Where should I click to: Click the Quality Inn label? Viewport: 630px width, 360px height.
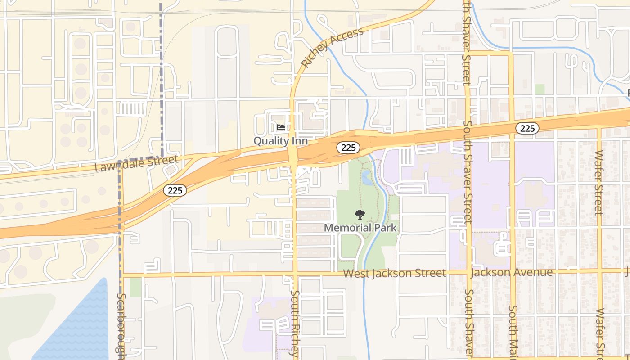(280, 141)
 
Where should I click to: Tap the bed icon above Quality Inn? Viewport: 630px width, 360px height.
(281, 128)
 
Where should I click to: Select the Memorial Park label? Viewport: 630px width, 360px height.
(360, 228)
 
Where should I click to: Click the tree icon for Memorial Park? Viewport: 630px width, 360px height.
(360, 214)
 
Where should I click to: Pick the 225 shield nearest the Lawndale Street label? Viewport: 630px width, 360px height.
(175, 190)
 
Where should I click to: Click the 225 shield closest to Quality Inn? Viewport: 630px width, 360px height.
(348, 147)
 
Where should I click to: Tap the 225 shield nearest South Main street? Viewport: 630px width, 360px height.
(527, 129)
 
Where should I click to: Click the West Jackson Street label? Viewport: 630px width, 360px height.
(394, 273)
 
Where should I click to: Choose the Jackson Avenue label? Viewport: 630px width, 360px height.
(511, 272)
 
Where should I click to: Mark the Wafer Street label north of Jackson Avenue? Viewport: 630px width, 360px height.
(598, 182)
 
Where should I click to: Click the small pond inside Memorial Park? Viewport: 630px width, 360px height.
(366, 178)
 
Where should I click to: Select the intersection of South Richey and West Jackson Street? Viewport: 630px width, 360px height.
(295, 274)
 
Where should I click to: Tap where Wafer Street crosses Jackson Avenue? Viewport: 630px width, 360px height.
(600, 270)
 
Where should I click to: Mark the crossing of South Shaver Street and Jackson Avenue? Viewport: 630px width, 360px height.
(468, 272)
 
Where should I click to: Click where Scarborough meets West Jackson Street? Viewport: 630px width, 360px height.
(121, 274)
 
